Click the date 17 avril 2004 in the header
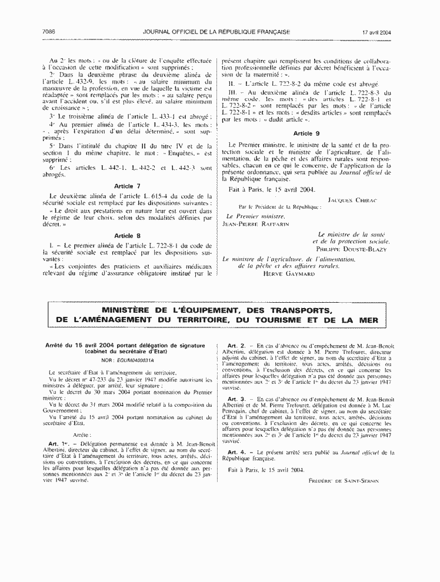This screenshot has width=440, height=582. click(376, 31)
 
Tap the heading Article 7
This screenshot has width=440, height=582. click(127, 186)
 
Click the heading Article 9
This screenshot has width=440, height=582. click(306, 133)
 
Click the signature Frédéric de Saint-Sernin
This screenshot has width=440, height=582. click(344, 481)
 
